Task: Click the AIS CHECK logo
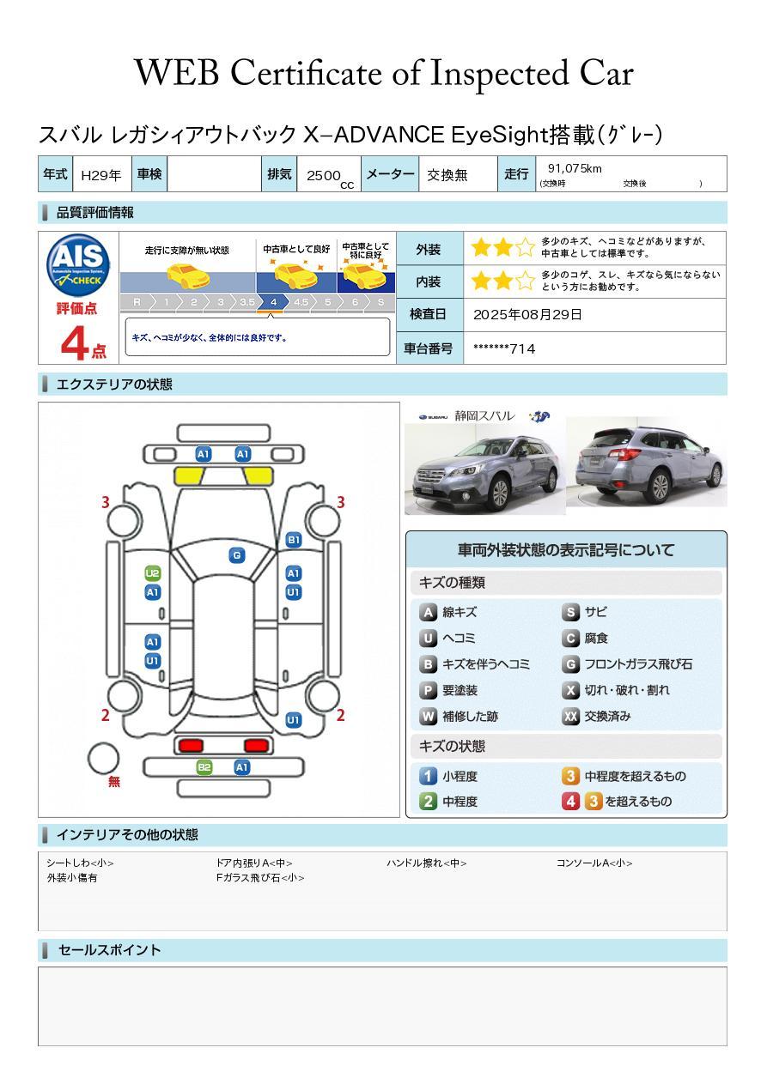coord(78,264)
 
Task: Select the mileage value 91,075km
coord(575,168)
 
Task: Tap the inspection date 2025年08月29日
coord(527,314)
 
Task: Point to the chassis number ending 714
coord(504,349)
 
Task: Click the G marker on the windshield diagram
coord(237,555)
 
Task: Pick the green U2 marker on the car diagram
coord(153,573)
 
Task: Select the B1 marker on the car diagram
coord(294,540)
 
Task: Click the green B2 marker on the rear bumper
coord(204,767)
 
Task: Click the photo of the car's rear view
coord(647,461)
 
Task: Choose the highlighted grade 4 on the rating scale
coord(273,302)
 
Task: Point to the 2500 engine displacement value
coord(324,175)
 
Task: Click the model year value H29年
coord(100,175)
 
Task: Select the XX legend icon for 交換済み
coord(571,716)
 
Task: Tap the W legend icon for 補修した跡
coord(428,716)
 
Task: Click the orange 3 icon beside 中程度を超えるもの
coord(571,776)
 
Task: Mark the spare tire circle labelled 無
coord(103,758)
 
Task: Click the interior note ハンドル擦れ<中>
coord(427,863)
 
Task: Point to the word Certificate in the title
coord(306,74)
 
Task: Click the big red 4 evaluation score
coord(75,342)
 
